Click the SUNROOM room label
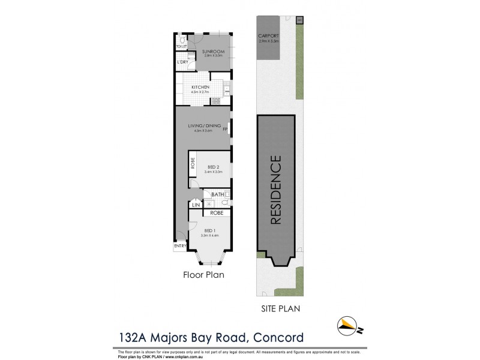(x=213, y=52)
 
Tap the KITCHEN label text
(x=200, y=88)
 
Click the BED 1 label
(x=209, y=230)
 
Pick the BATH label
(x=217, y=194)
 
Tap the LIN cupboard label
(x=195, y=205)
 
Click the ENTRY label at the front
(x=180, y=245)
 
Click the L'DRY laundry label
(x=182, y=62)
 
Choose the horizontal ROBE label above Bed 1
(x=216, y=212)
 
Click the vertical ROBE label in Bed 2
(x=193, y=163)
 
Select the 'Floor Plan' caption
(x=203, y=277)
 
